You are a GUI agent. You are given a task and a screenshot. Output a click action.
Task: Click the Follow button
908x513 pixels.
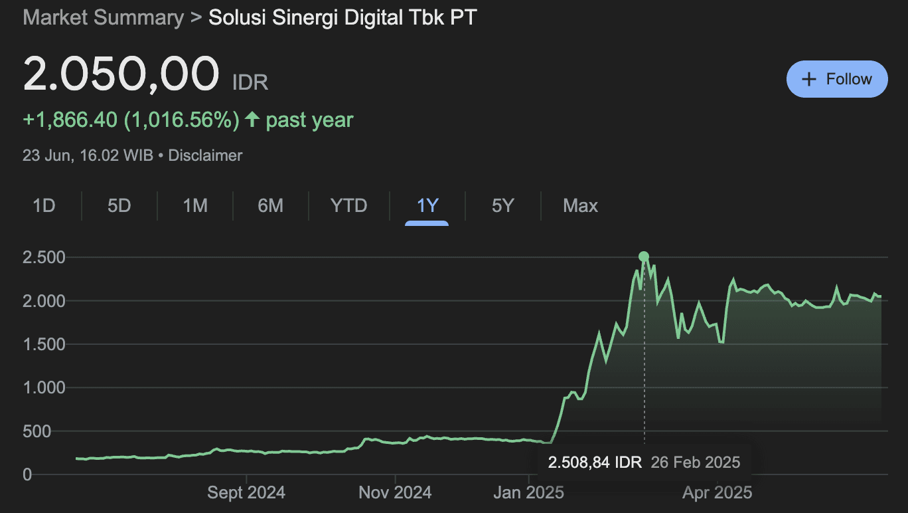[836, 79]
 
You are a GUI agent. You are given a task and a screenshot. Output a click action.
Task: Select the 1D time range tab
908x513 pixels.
[44, 206]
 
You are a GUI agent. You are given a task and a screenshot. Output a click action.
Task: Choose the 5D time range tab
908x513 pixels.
[119, 206]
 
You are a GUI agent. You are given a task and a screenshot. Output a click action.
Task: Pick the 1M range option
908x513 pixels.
[195, 206]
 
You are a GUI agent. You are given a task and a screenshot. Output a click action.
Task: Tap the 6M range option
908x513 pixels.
[270, 206]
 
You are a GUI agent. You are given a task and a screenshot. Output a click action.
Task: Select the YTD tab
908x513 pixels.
[348, 206]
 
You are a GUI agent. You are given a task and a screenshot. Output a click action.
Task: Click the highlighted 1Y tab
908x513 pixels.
[427, 206]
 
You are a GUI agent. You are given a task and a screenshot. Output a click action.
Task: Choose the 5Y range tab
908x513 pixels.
[502, 206]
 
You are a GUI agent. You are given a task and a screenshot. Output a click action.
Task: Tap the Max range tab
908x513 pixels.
[580, 206]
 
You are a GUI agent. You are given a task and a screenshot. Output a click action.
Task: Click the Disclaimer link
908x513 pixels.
[205, 155]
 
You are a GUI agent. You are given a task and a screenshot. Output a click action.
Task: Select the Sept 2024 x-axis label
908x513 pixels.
[246, 492]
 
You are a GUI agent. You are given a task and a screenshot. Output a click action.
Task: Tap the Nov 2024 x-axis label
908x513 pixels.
[395, 492]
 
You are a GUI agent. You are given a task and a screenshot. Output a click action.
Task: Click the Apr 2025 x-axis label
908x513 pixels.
[718, 492]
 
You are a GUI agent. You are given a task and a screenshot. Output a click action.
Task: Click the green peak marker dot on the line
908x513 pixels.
[643, 256]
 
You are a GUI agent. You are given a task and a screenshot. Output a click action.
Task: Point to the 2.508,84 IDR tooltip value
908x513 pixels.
[595, 462]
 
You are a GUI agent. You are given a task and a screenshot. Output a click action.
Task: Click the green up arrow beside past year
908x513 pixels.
[252, 120]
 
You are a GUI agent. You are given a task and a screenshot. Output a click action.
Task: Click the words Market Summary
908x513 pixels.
[103, 17]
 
